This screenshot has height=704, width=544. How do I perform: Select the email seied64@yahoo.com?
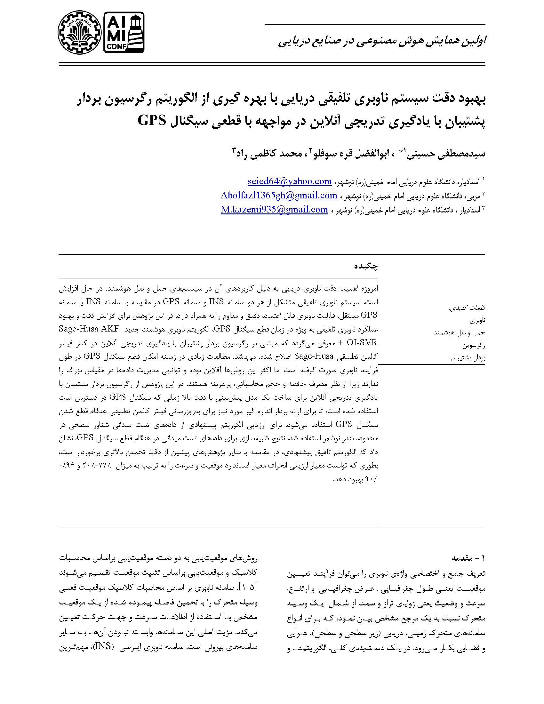click(x=290, y=181)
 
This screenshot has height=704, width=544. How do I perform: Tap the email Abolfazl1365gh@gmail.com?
click(x=279, y=195)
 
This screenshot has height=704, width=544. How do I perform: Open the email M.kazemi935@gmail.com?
click(x=274, y=210)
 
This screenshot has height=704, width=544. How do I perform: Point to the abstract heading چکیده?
click(x=366, y=266)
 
